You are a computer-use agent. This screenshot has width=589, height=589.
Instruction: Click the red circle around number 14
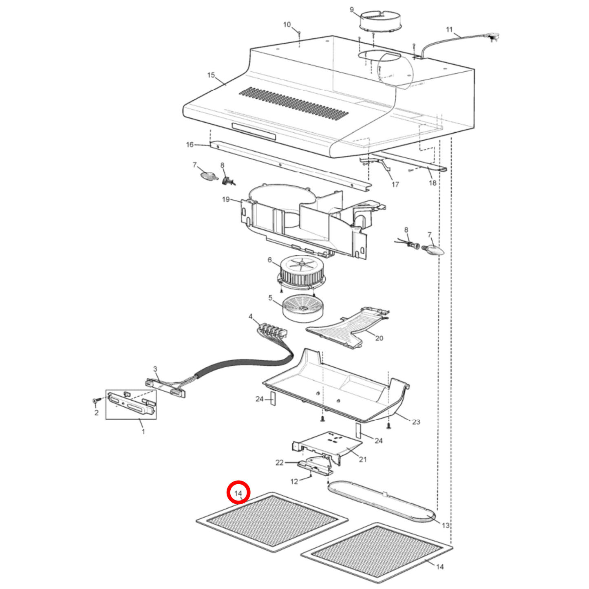pyautogui.click(x=238, y=492)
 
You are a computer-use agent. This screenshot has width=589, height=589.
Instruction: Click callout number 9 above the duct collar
pyautogui.click(x=352, y=10)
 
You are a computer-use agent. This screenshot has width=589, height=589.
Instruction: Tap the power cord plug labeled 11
pyautogui.click(x=494, y=38)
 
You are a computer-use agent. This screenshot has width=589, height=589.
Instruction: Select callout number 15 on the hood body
pyautogui.click(x=211, y=75)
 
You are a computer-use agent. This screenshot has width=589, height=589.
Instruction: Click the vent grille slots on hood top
pyautogui.click(x=293, y=104)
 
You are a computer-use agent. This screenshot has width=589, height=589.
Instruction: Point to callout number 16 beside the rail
pyautogui.click(x=190, y=145)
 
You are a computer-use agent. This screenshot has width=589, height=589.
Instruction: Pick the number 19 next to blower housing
pyautogui.click(x=226, y=199)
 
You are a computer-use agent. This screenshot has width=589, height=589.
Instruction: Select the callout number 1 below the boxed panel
pyautogui.click(x=143, y=431)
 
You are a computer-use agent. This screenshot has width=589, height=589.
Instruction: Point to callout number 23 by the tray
pyautogui.click(x=416, y=422)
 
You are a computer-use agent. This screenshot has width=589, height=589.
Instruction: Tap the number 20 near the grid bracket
pyautogui.click(x=379, y=338)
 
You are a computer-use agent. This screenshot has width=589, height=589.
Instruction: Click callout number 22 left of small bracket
pyautogui.click(x=279, y=463)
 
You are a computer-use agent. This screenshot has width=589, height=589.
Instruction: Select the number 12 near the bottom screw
pyautogui.click(x=294, y=481)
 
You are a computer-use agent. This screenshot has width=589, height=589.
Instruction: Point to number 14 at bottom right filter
pyautogui.click(x=440, y=567)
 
